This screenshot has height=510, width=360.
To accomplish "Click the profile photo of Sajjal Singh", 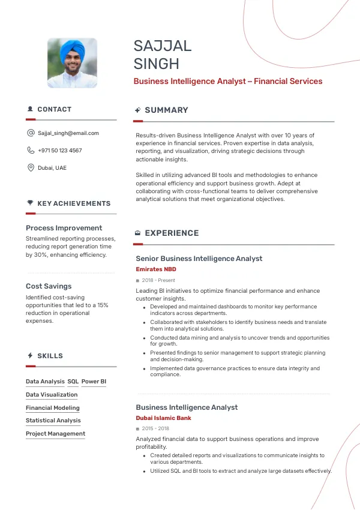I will tap(72, 63).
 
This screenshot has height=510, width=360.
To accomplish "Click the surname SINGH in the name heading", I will tap(157, 64).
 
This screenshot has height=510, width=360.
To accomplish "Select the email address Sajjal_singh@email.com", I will tap(68, 133).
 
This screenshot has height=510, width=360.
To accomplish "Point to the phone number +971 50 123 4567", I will tap(60, 151).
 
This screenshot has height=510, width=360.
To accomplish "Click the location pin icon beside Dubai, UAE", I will tap(31, 168).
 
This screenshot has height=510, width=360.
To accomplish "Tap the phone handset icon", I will tap(31, 151).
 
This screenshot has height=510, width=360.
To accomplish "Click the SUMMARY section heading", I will tap(166, 110).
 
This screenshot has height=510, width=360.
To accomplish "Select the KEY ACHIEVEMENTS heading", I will tap(74, 204).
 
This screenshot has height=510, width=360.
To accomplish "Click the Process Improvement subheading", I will tap(64, 228).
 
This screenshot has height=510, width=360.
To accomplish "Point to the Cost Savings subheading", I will tap(49, 286).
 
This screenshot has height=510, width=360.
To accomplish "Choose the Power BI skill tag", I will tap(94, 382).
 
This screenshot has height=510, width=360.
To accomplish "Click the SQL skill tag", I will tap(73, 382).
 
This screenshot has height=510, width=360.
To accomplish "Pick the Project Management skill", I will tap(55, 434).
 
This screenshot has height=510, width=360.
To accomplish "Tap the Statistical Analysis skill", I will tap(53, 421).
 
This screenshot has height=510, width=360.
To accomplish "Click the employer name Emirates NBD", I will tap(156, 269).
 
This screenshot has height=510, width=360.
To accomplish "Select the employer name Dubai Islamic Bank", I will tap(164, 418).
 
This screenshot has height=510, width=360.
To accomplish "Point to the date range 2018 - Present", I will tap(158, 280).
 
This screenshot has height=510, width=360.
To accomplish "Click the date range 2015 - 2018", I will tap(155, 429).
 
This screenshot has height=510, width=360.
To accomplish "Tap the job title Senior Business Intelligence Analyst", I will tap(199, 259).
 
